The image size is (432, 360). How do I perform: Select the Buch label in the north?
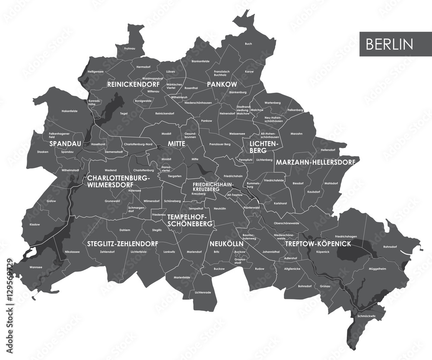[248, 44]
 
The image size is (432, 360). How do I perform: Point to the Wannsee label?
[36, 267]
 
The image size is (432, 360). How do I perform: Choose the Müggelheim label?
[377, 268]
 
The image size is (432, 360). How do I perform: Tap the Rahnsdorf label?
[389, 246]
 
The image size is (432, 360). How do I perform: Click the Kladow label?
[35, 224]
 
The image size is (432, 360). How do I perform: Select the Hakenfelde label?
[70, 111]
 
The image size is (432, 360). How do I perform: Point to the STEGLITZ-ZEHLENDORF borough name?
[122, 243]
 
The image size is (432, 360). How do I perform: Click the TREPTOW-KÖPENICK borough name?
[318, 244]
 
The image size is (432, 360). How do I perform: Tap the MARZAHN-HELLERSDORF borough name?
[315, 162]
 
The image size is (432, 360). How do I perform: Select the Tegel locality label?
[124, 114]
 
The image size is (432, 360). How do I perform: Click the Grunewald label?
[112, 201]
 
